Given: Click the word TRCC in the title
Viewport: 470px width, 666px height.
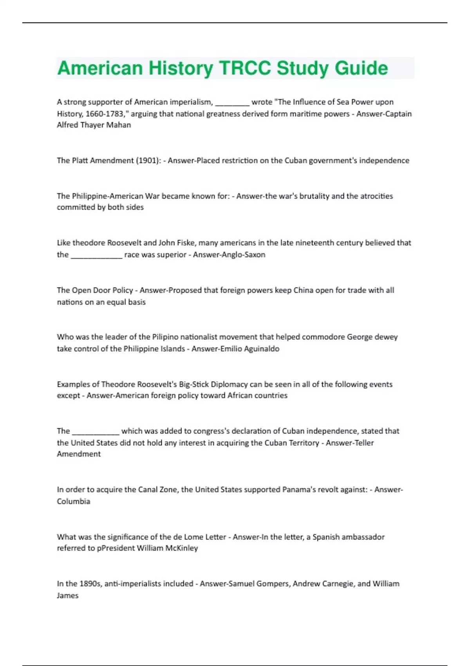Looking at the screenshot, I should (x=245, y=68).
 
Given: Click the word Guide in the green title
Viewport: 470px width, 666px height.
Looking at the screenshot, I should (x=361, y=68).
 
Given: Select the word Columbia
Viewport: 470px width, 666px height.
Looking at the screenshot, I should (x=73, y=501).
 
